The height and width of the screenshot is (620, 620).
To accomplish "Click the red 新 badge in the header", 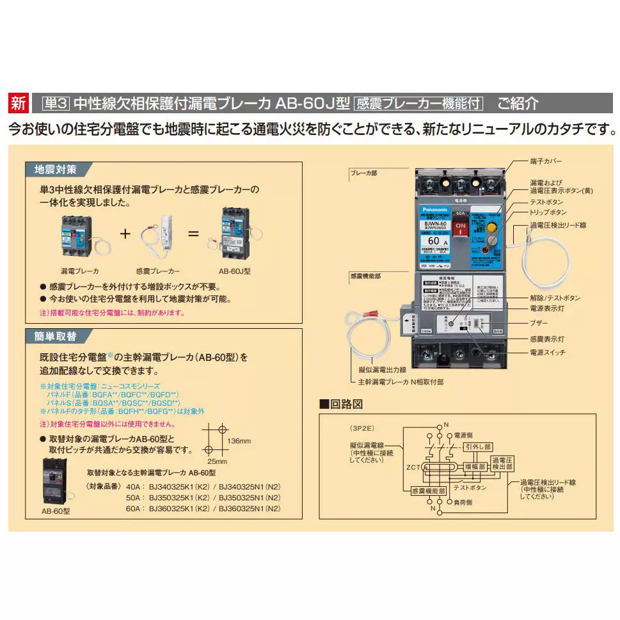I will click(19, 102).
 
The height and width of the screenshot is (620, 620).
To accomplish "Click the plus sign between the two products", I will click(125, 233).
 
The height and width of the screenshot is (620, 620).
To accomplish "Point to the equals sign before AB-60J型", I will click(193, 233).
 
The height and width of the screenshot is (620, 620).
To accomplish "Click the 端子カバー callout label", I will click(545, 161).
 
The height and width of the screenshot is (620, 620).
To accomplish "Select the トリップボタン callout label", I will click(548, 212).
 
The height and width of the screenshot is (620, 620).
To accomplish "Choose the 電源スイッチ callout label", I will click(547, 353).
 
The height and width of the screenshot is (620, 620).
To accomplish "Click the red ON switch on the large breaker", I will click(460, 229).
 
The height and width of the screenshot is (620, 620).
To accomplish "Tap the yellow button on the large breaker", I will click(491, 227).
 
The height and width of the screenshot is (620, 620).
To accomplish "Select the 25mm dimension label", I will click(217, 461).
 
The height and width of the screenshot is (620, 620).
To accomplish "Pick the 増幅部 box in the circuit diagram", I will click(475, 468).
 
